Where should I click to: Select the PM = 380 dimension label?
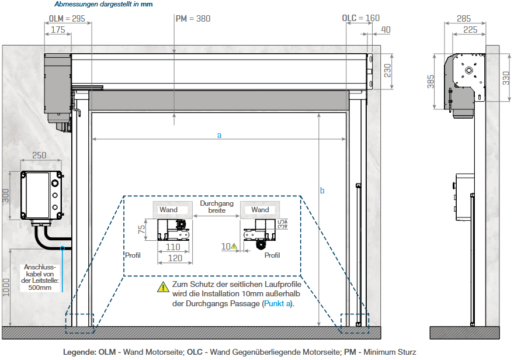pos(193,18)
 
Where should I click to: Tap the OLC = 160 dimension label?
pos(360,18)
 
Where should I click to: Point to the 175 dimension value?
pos(58,29)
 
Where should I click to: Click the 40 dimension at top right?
pos(385,29)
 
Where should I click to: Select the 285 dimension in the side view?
pos(465,18)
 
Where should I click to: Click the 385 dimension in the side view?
pos(430,81)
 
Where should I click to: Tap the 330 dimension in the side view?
pos(506,77)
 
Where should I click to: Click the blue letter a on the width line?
pos(220,135)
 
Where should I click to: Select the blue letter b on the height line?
pos(322,191)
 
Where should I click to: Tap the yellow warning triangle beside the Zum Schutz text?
pos(162,286)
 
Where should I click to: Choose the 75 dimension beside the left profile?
pos(141,229)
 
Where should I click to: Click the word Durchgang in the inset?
pos(217,203)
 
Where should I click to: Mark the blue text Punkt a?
pos(277,304)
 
